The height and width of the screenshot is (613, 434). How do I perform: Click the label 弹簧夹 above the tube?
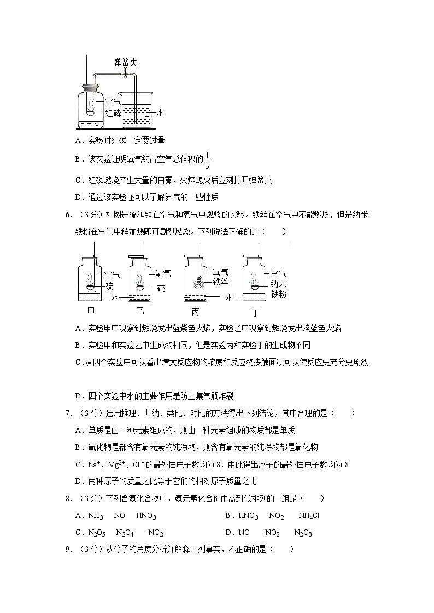(x=125, y=62)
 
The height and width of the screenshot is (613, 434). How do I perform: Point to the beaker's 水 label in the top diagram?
(x=161, y=112)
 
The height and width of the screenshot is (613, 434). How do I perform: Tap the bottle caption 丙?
(x=196, y=312)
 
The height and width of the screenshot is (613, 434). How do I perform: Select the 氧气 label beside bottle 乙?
(x=163, y=273)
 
